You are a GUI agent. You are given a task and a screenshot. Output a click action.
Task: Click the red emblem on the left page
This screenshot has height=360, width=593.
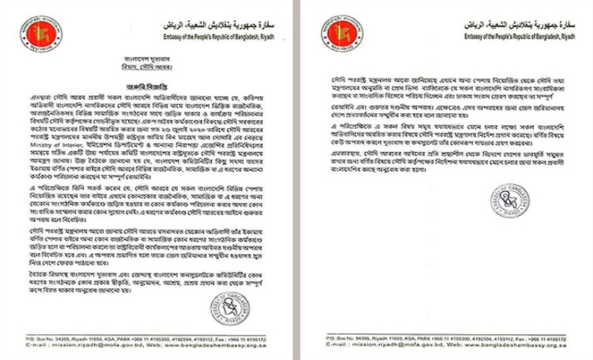click(x=31, y=33)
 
